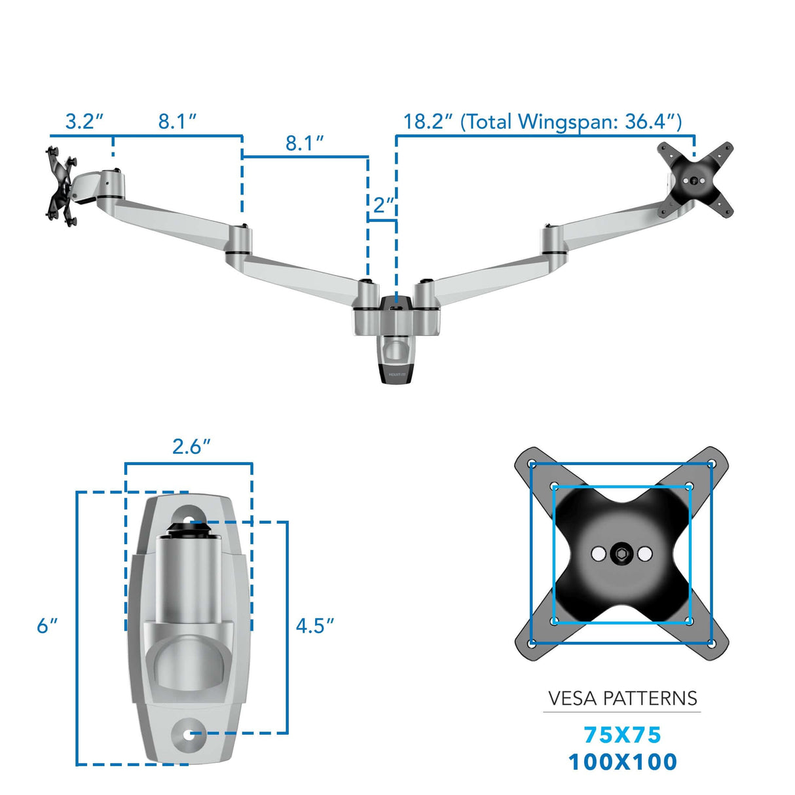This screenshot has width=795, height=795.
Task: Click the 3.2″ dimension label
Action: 84,122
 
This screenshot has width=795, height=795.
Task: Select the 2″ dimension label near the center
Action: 383,205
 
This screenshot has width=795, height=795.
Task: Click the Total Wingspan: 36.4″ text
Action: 571,122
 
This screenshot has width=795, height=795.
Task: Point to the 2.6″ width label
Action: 191,447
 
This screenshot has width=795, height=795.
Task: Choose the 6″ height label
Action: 46,626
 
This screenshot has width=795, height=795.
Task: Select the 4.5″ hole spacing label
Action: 314,626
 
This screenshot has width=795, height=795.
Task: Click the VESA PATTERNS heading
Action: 622,699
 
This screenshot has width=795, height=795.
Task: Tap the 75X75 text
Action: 622,735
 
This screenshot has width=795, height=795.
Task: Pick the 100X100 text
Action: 622,762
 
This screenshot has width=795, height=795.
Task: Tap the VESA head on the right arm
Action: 695,179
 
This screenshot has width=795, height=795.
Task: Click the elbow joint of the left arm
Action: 239,240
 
